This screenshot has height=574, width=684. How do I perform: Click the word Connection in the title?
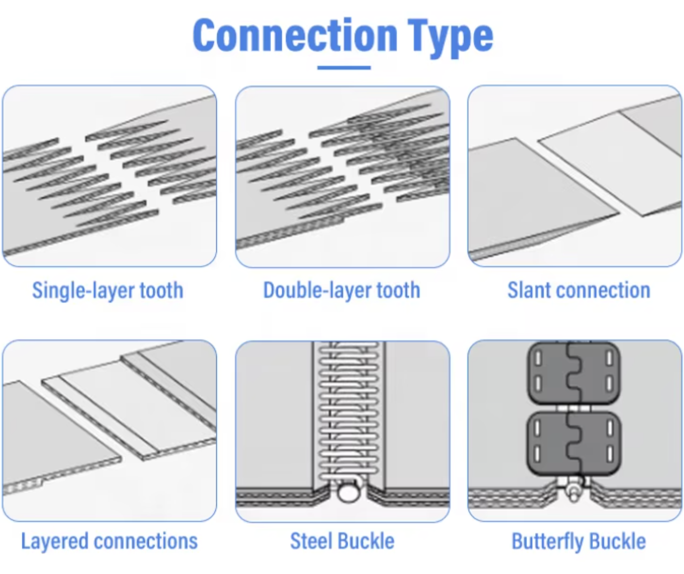[x=295, y=35]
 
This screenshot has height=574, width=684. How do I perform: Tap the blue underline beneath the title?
[x=344, y=68]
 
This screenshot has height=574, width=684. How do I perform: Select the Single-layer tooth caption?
[x=107, y=290]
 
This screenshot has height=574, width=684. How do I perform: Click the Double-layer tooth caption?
[x=341, y=290]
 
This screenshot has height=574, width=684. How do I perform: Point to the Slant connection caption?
[x=578, y=290]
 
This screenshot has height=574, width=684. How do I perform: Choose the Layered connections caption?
[x=109, y=541]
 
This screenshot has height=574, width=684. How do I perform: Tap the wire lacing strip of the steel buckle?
[x=349, y=410]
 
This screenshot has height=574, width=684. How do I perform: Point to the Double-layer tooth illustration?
[x=342, y=177]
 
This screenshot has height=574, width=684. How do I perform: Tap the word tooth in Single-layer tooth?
[x=161, y=290]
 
